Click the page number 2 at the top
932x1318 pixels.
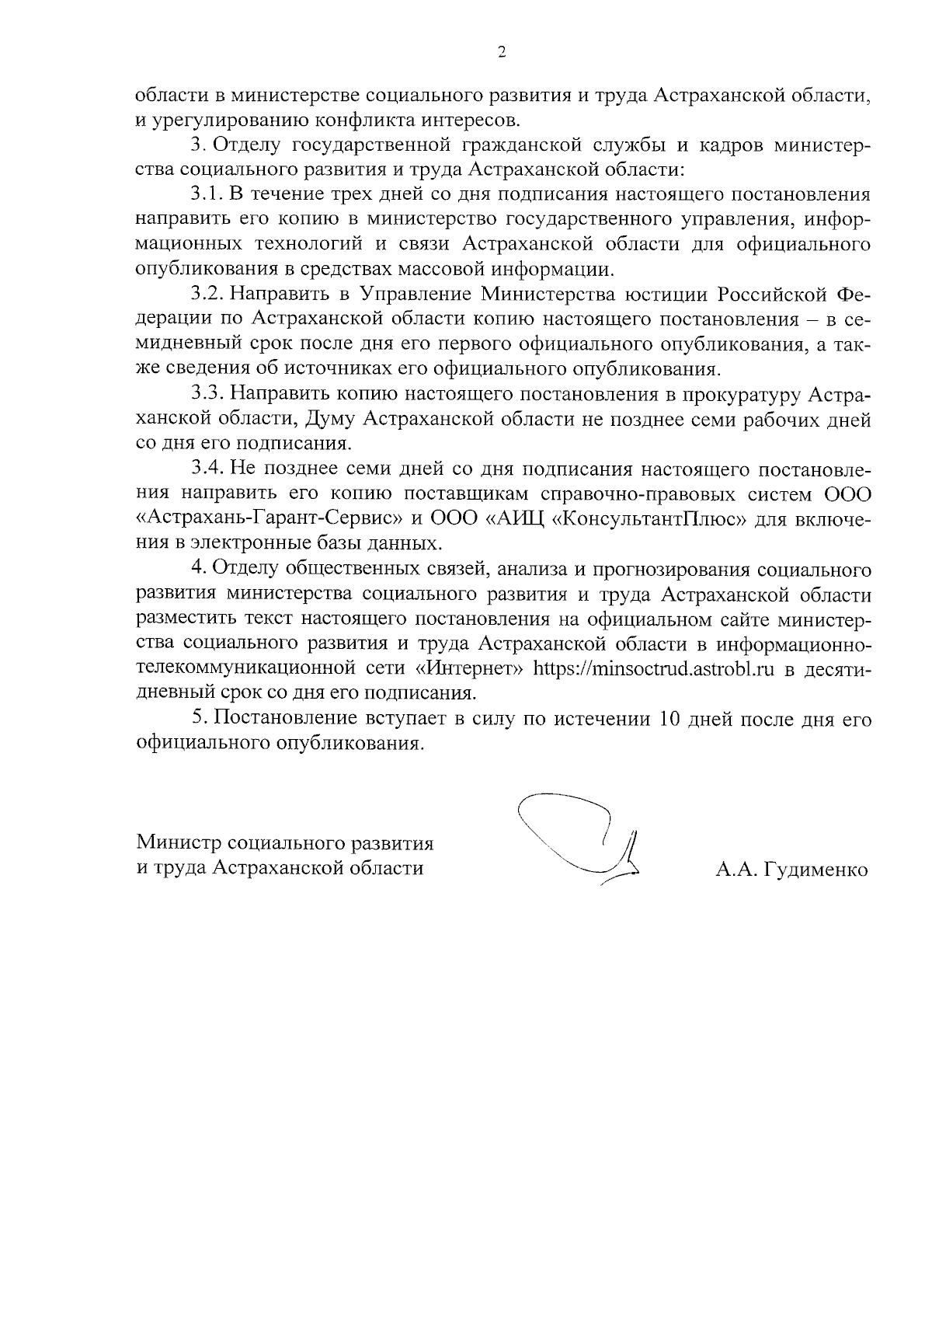(501, 54)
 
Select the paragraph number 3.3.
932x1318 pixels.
(207, 395)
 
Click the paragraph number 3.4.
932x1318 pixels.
(207, 469)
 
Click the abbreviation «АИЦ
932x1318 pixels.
(515, 519)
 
